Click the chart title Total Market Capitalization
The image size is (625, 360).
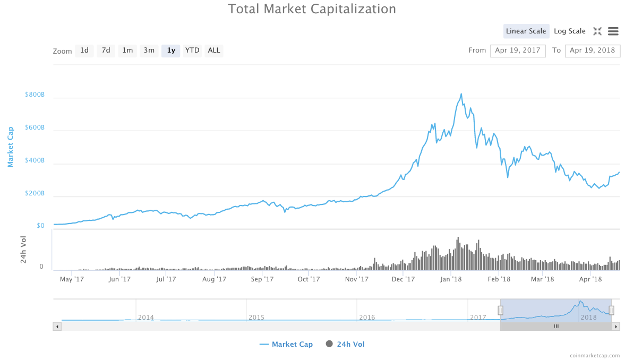tap(312, 9)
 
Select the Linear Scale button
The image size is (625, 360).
tap(526, 31)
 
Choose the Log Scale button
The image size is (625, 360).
tap(569, 31)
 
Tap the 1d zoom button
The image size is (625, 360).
tap(84, 50)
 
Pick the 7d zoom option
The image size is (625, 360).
tap(106, 50)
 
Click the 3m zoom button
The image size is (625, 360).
tap(149, 50)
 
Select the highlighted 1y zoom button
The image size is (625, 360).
tap(171, 50)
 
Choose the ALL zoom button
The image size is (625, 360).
tap(214, 50)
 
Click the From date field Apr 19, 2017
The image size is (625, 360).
tap(518, 50)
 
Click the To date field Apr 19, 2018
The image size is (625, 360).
tap(593, 50)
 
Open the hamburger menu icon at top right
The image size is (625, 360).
tap(613, 31)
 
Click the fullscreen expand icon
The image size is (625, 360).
tap(597, 31)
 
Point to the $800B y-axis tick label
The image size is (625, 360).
tap(35, 95)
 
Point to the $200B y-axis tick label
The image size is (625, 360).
tap(35, 193)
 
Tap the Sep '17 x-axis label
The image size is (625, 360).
tap(262, 279)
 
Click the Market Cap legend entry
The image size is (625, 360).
tap(286, 344)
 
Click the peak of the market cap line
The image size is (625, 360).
tap(461, 94)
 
